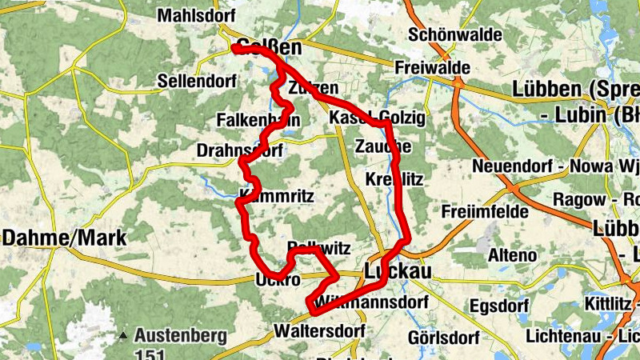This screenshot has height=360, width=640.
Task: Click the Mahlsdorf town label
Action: (x=195, y=16)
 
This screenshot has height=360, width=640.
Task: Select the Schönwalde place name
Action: (x=454, y=35)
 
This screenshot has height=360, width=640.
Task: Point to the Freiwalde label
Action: (x=433, y=69)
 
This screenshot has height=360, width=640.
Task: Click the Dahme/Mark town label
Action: (x=55, y=238)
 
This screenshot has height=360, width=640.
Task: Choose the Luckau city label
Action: (x=398, y=272)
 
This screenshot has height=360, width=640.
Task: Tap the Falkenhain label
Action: (x=258, y=120)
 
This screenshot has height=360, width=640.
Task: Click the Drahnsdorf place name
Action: (x=238, y=150)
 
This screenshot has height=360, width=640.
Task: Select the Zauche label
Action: (x=383, y=146)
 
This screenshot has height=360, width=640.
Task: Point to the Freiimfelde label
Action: (x=485, y=212)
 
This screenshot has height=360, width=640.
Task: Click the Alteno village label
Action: (x=512, y=256)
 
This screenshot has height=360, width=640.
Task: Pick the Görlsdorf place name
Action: (x=443, y=338)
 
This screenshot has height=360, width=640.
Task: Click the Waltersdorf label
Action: (x=318, y=330)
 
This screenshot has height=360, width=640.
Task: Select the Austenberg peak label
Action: (x=181, y=336)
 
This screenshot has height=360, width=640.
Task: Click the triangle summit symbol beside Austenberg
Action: (x=123, y=336)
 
